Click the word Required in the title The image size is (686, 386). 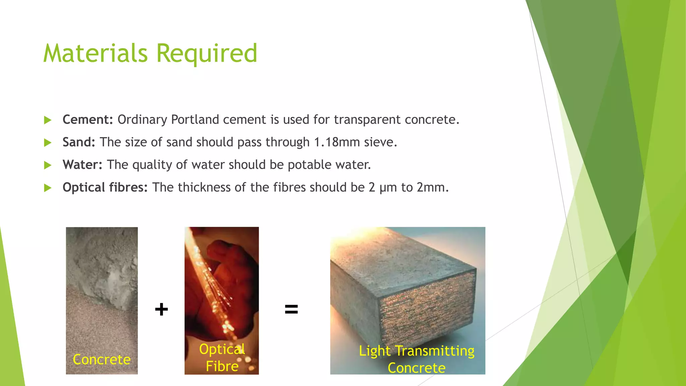[207, 54]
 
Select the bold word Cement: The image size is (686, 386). [88, 120]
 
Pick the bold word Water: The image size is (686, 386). [82, 165]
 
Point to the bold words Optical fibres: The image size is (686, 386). [105, 187]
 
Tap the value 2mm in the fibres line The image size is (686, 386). [432, 187]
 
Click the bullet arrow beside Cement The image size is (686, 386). [48, 120]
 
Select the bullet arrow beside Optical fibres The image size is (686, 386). [48, 188]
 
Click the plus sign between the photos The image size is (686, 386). [161, 309]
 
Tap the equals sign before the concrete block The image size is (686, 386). [291, 309]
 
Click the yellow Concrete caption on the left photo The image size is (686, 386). [102, 360]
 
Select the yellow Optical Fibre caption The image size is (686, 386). [222, 358]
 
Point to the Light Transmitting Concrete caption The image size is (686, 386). [417, 359]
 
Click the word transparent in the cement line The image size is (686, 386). [367, 120]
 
